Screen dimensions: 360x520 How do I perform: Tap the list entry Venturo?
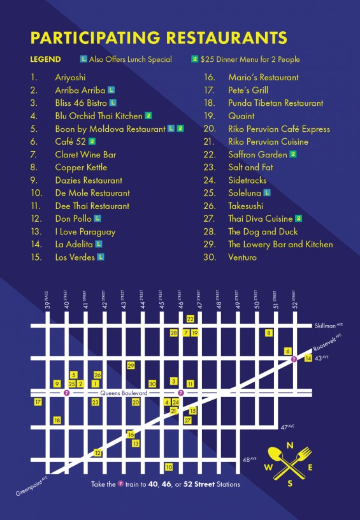click(242, 257)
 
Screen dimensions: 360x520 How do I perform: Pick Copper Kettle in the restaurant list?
click(81, 167)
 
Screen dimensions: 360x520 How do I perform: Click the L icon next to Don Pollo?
click(97, 219)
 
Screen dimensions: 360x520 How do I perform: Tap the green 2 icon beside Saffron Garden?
click(293, 154)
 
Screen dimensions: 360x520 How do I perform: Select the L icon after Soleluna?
click(266, 192)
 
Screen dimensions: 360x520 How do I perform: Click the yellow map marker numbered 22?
click(190, 318)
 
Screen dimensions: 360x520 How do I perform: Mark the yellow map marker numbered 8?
click(269, 333)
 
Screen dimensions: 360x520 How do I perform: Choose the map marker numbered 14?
click(308, 359)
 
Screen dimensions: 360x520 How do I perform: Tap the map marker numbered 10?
click(169, 467)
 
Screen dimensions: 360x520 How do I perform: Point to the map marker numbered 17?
click(38, 402)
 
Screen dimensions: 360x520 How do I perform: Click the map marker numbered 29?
click(131, 366)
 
